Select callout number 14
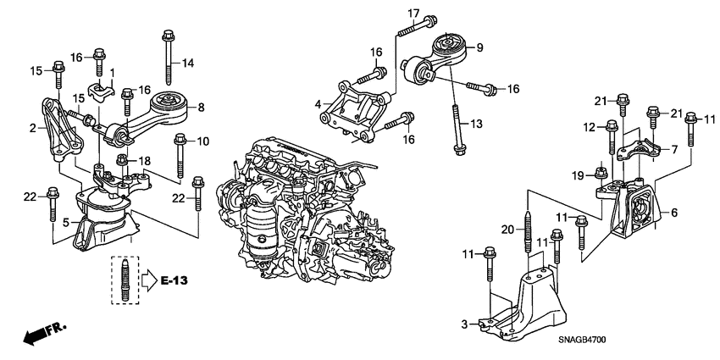187,63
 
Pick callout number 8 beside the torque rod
201,108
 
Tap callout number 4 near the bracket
318,104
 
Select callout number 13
476,124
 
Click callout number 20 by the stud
507,229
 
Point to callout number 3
465,324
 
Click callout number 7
674,149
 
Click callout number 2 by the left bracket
32,128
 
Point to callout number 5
65,224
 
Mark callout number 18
145,160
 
